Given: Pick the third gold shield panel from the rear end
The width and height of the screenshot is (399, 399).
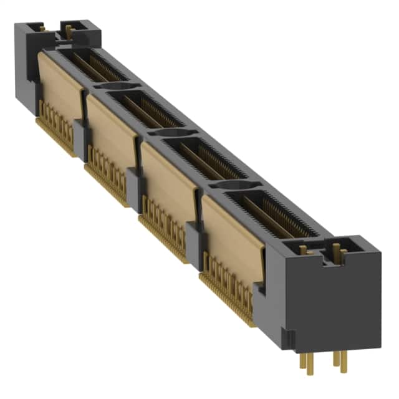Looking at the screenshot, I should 168,175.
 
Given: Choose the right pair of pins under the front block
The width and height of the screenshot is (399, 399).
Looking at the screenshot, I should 340,359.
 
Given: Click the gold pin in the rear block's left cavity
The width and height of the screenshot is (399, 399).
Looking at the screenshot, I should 42,27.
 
